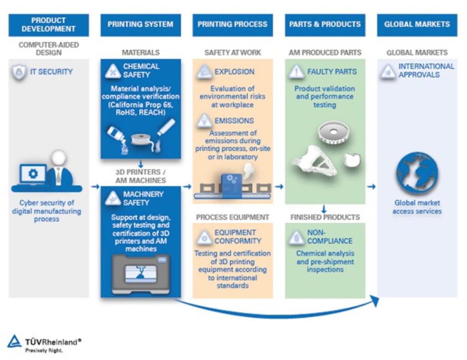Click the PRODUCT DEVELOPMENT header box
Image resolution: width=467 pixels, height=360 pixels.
point(48,25)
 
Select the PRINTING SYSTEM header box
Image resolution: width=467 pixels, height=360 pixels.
point(140,25)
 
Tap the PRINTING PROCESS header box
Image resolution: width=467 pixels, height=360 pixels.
point(233,25)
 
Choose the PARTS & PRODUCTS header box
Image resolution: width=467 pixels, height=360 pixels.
point(325,25)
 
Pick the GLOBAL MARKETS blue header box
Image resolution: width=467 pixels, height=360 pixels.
point(417,25)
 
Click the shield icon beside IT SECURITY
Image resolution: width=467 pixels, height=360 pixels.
point(19,73)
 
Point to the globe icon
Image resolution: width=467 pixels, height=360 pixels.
point(417,173)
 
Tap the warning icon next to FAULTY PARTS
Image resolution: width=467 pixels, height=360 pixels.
point(296,72)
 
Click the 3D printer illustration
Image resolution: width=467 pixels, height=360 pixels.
point(140,274)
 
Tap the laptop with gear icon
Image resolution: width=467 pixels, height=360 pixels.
point(32,175)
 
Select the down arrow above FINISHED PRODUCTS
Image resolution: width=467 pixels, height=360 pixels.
point(325,209)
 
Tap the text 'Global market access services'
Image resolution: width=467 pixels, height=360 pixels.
point(417,207)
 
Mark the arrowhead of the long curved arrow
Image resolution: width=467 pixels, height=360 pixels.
point(375,300)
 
